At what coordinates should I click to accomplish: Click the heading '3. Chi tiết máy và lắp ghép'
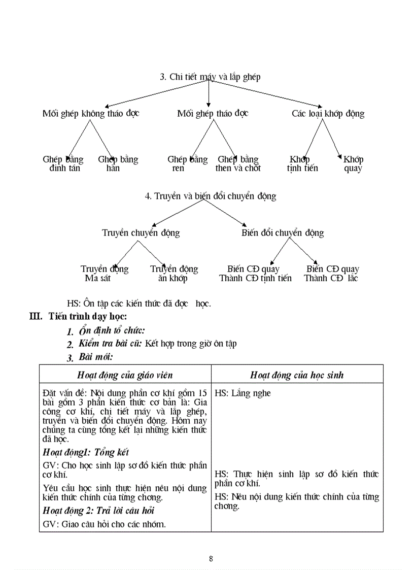210,77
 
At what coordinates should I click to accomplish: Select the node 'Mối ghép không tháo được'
91,113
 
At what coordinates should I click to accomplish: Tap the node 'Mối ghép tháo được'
213,113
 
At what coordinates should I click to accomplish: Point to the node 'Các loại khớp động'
328,113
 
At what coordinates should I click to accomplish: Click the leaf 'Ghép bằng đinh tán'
64,163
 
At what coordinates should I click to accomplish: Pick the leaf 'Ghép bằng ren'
187,163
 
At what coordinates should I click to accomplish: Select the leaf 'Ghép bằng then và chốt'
238,163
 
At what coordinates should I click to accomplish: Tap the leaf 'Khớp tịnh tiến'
302,163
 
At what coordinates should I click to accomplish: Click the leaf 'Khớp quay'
353,163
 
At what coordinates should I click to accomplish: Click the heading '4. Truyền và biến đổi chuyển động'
211,196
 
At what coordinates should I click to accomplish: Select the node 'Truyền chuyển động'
141,233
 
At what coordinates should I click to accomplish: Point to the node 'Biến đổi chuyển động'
283,233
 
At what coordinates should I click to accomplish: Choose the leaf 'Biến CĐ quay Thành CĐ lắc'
332,273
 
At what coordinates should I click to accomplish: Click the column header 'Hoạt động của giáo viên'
125,375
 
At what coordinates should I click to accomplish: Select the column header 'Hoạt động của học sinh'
297,375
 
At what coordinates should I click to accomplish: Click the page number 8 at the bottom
211,559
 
